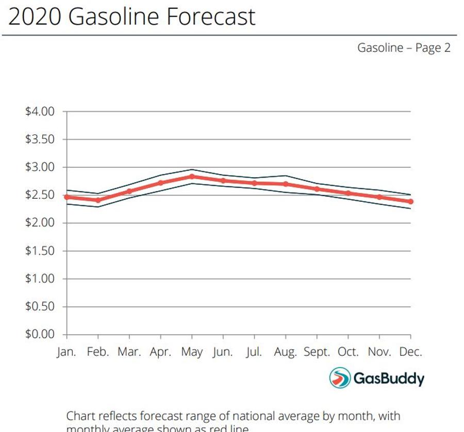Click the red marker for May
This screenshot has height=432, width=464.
(192, 177)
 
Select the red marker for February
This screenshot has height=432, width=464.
(98, 200)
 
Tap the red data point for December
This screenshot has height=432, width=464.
(411, 201)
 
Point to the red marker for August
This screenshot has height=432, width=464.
(286, 184)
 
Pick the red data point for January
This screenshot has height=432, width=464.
(67, 197)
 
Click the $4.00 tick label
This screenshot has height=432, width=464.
(40, 112)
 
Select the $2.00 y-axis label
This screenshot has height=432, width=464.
(40, 223)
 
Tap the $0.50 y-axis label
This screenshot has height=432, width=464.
(40, 307)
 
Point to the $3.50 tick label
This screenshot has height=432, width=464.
(40, 140)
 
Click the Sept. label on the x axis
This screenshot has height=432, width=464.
(317, 353)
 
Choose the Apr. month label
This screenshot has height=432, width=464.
(160, 353)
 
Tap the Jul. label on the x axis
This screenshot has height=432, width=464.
(254, 353)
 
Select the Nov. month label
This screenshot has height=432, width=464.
(379, 353)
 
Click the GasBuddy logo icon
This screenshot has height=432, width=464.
(340, 378)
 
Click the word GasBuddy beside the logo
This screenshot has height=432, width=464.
(389, 379)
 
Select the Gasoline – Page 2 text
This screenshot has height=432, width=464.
(404, 48)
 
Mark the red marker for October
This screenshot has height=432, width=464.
(348, 193)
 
